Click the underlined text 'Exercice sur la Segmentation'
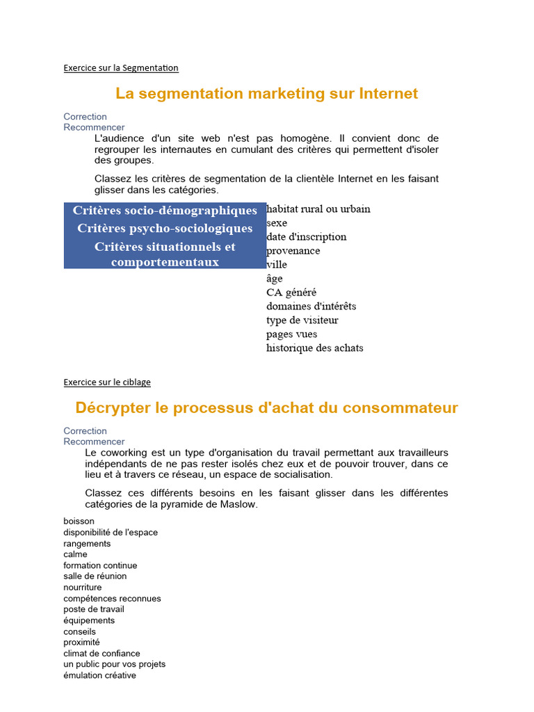(x=121, y=68)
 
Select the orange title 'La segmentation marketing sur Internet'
(x=267, y=93)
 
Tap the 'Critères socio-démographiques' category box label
(x=165, y=211)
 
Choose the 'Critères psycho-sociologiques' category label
(x=165, y=229)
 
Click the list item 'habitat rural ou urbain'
(x=318, y=209)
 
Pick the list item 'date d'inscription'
(x=306, y=237)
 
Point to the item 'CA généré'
(x=291, y=293)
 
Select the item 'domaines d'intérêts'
(x=311, y=307)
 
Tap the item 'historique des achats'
(x=314, y=348)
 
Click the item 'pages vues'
(x=291, y=334)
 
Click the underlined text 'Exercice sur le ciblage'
(x=107, y=382)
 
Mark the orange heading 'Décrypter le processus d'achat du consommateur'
(x=267, y=407)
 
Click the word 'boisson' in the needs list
(x=79, y=521)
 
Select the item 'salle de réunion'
(x=95, y=576)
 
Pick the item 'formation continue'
(x=100, y=565)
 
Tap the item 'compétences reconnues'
(x=112, y=599)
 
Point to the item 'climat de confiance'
(x=102, y=654)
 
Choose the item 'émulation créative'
(x=99, y=675)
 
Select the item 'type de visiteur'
(x=302, y=321)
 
